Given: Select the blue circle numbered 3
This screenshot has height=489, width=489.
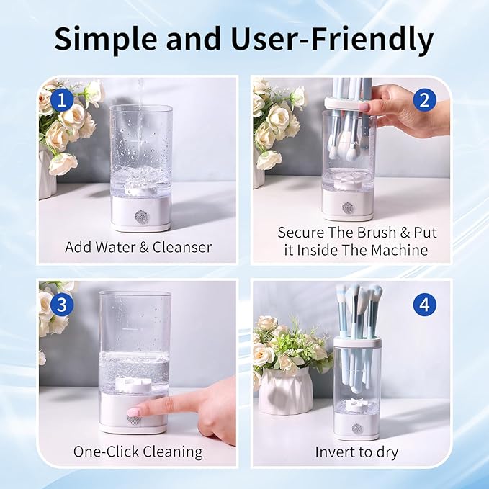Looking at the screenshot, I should coord(63,305).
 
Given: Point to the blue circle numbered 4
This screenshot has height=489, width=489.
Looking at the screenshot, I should coord(425,305).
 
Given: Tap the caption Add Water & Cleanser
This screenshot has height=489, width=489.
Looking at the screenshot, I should coord(138,247).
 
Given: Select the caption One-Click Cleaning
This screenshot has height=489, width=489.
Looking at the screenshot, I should coord(138,452).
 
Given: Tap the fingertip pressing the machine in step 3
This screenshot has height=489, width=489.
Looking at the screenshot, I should coord(138,411).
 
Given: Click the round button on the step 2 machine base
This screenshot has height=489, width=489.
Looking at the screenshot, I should coord(348,207).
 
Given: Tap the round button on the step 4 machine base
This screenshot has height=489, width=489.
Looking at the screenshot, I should coord(357,429).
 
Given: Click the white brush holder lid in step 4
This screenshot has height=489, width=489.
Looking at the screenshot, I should coord(357,342).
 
